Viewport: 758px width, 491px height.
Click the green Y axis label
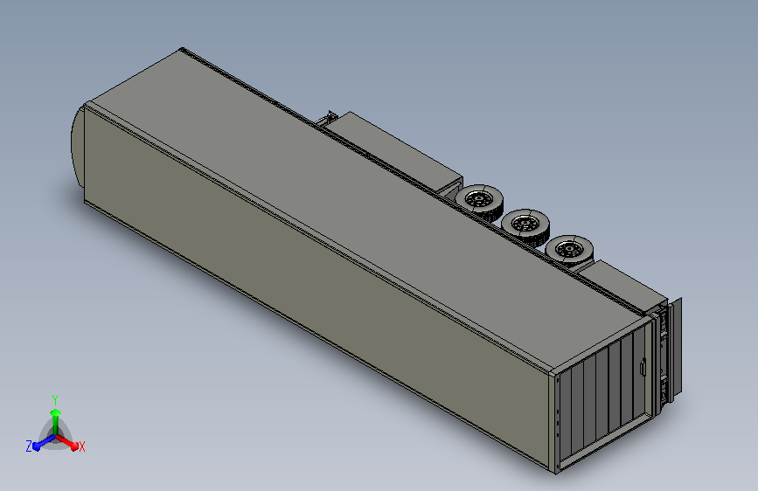55,399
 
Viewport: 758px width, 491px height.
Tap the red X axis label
81,446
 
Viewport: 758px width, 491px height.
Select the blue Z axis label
29,446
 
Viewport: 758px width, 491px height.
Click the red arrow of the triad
66,442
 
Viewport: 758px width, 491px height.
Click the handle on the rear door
643,366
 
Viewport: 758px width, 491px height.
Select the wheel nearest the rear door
569,251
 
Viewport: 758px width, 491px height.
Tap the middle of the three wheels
525,225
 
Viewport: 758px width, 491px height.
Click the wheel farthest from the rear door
479,199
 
